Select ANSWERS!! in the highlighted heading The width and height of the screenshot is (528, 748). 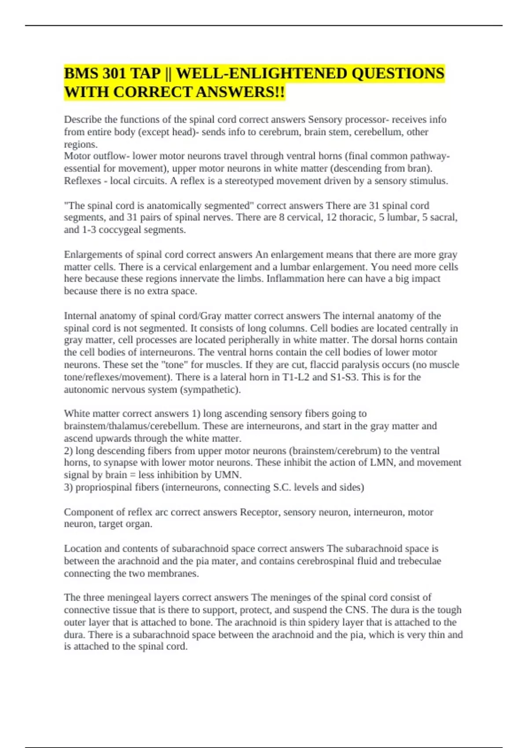[240, 92]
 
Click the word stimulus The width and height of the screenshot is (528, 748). [430, 181]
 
